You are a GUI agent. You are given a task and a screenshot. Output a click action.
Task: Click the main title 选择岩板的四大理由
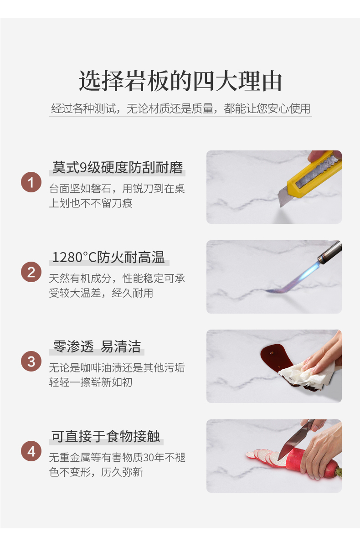coord(180,81)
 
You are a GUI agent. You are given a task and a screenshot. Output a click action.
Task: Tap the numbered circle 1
coord(31,182)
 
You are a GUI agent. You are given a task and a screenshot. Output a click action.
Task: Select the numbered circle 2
coord(31,272)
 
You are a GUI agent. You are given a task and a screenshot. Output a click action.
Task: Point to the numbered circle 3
coord(31,361)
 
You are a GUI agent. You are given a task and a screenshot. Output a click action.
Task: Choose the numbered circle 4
coord(31,451)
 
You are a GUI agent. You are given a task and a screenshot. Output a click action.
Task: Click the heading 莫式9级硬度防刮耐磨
coord(118,168)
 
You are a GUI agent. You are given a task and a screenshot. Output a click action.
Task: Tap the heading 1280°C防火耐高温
coord(108,257)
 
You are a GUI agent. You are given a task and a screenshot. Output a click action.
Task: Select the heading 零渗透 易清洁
coord(97,346)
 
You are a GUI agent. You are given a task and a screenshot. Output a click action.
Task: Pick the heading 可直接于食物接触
coord(106,436)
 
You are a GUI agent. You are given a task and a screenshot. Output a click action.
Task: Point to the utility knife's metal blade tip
coord(281,206)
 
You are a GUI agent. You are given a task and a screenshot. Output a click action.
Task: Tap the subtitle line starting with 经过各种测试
coord(180,108)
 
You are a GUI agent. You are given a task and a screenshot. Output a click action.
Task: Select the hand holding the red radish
coord(322,452)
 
